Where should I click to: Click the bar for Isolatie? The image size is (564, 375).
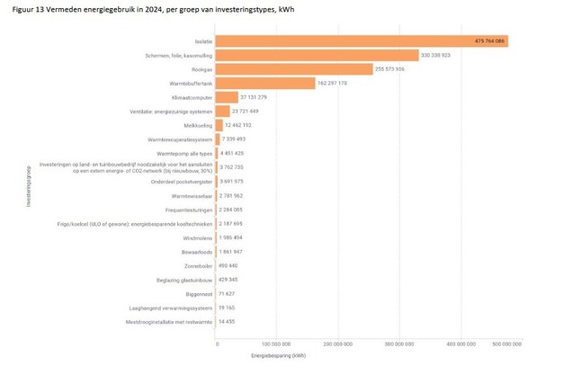[360, 41]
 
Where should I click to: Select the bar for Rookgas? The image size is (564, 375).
[293, 69]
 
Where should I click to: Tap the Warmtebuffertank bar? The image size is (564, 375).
[264, 83]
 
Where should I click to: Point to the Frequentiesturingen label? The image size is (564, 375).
[188, 209]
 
